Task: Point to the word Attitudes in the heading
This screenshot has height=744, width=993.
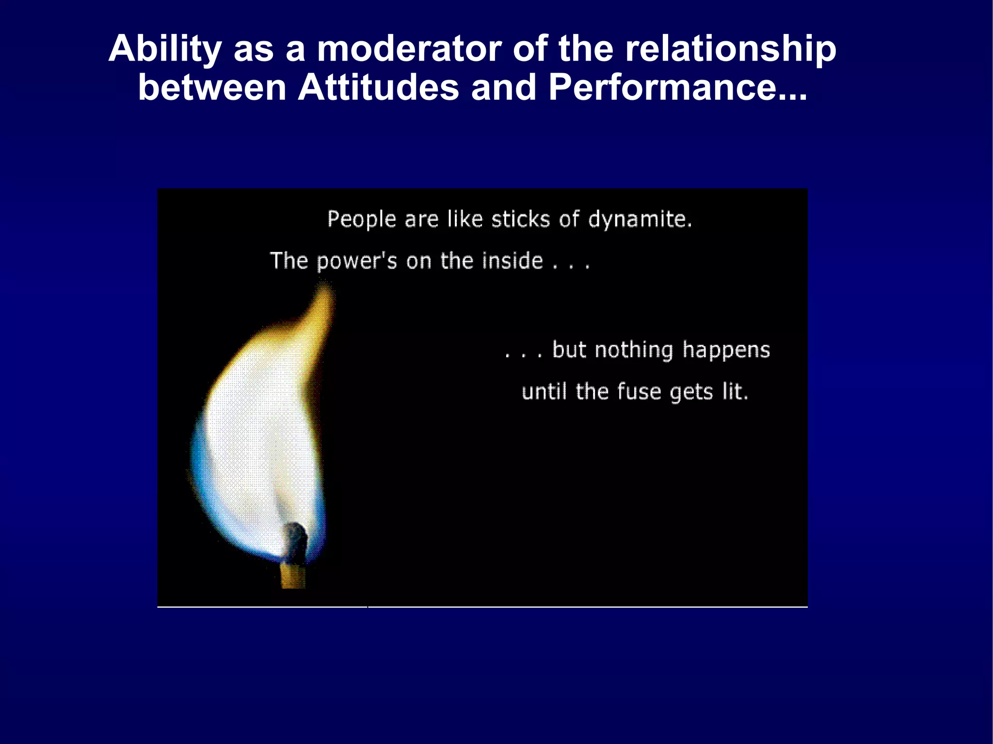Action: pyautogui.click(x=378, y=88)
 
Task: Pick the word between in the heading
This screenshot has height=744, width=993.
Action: pyautogui.click(x=212, y=88)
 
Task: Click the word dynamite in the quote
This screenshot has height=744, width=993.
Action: pyautogui.click(x=640, y=219)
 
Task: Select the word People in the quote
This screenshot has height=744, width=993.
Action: pyautogui.click(x=362, y=219)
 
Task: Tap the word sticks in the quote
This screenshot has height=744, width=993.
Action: pyautogui.click(x=520, y=219)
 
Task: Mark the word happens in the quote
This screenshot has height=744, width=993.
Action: pyautogui.click(x=726, y=350)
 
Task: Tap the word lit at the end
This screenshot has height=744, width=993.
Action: pyautogui.click(x=734, y=392)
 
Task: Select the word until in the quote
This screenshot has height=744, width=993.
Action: pyautogui.click(x=544, y=392)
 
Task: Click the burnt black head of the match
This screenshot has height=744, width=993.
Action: pyautogui.click(x=295, y=540)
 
